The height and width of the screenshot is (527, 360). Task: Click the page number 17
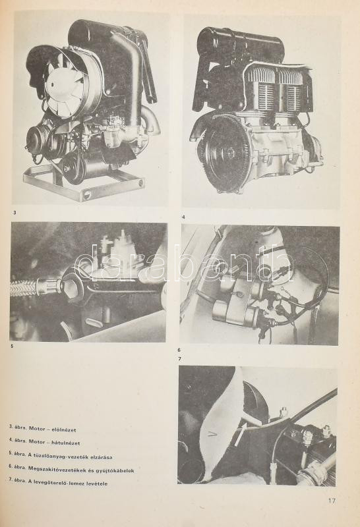(332, 501)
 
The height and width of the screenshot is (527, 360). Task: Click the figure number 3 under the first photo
(15, 212)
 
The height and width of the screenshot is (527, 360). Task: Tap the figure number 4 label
(183, 217)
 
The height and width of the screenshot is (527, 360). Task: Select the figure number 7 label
(180, 358)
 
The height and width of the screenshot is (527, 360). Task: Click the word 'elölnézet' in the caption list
(63, 430)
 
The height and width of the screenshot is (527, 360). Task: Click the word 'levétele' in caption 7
(97, 484)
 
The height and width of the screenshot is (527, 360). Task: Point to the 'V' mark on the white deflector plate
(212, 435)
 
